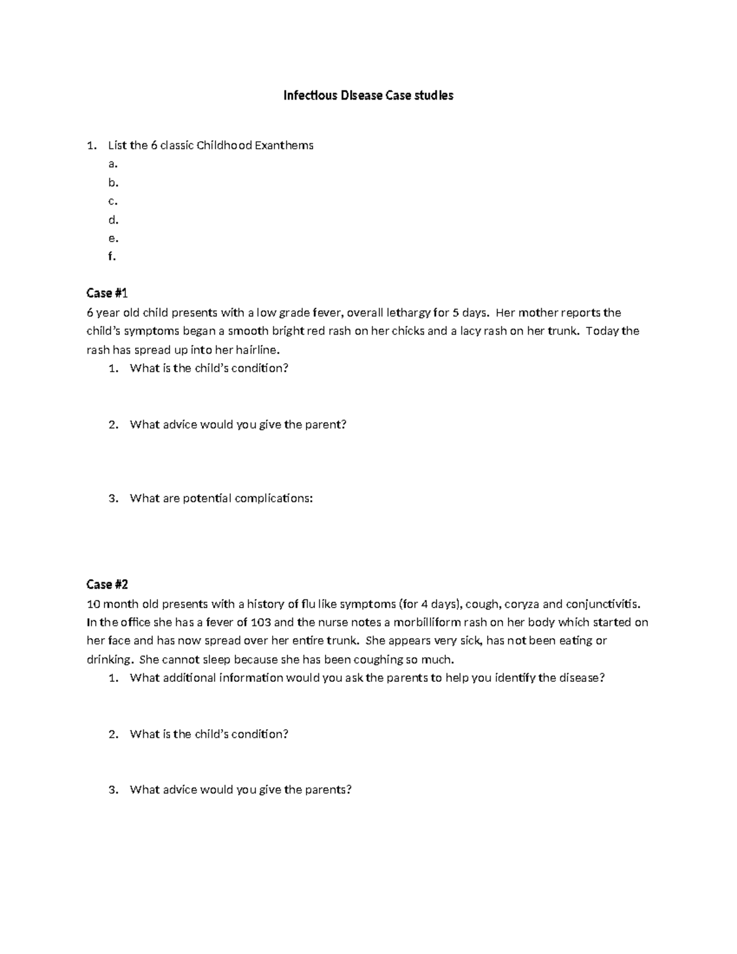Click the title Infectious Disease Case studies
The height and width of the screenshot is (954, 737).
click(x=368, y=95)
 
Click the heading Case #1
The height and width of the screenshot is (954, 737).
click(x=107, y=293)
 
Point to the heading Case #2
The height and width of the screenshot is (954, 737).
click(x=107, y=584)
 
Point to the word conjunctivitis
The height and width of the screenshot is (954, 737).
click(x=604, y=603)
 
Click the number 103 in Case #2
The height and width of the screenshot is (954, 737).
click(x=262, y=622)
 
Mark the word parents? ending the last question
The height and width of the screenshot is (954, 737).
click(x=329, y=790)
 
